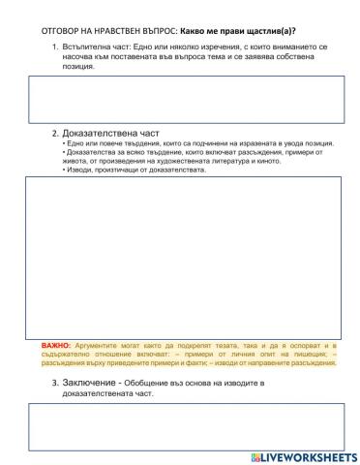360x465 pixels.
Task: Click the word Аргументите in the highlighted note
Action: tap(96, 345)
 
